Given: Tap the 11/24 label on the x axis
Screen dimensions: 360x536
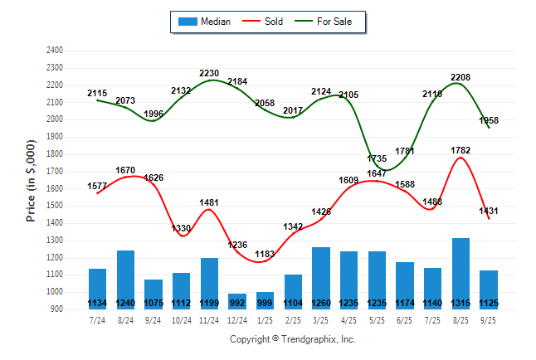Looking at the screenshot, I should (209, 319).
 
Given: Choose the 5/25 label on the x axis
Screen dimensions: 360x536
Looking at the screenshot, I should (377, 319).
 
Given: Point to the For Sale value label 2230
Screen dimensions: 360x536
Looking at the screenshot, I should (209, 74).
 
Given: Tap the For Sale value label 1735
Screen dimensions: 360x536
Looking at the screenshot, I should (377, 158).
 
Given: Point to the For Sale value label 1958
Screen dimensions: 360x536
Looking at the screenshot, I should (489, 121).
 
